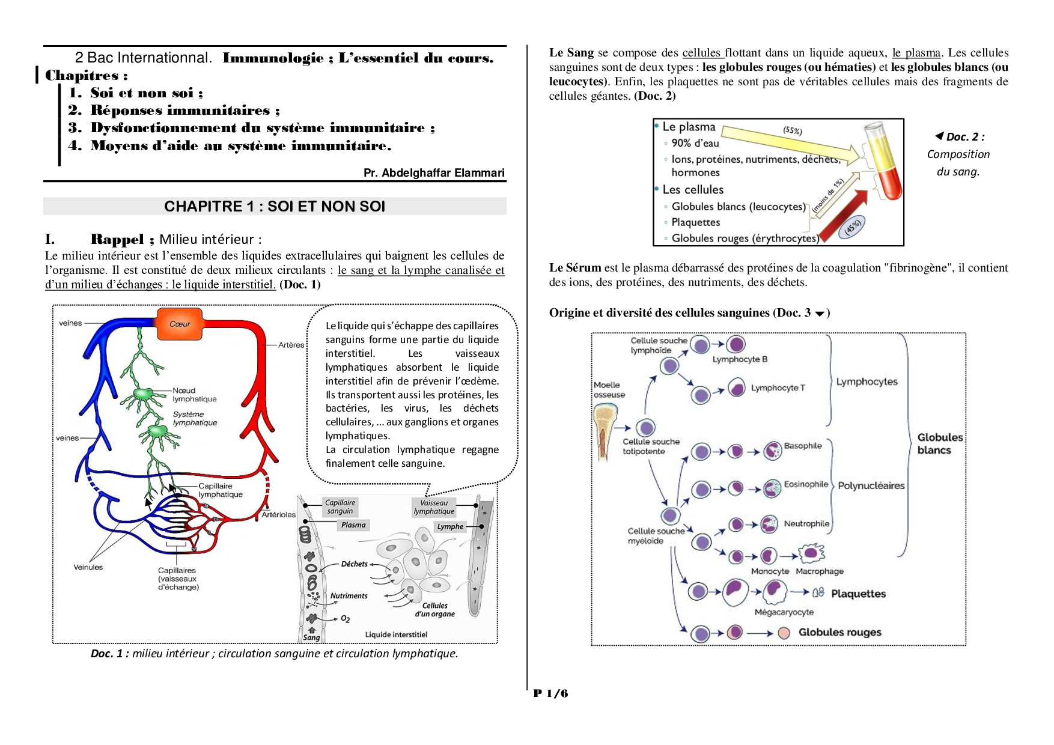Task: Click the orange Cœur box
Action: coord(180,324)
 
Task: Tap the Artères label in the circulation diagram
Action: coord(291,345)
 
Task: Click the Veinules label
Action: coord(88,567)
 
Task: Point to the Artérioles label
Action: coord(279,515)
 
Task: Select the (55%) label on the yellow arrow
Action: coord(793,130)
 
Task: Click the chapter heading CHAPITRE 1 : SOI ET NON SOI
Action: coord(275,206)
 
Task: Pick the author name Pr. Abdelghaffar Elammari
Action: coord(434,173)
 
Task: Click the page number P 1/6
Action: coord(550,693)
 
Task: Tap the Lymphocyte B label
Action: coord(740,359)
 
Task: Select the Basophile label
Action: coord(802,446)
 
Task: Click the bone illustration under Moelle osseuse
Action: coord(605,430)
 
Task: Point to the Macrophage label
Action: coord(820,571)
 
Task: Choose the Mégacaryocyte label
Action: coord(784,612)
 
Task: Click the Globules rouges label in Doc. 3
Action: coord(839,632)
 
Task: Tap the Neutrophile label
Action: coord(806,524)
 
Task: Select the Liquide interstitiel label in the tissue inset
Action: coord(396,634)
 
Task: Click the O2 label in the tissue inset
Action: coord(346,619)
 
